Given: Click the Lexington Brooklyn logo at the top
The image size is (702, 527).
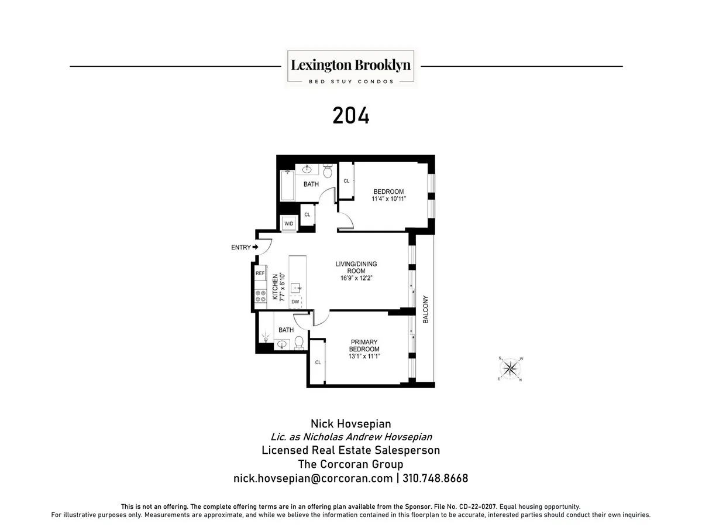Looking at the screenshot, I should pyautogui.click(x=351, y=69).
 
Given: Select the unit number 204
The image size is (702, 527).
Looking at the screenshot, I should pyautogui.click(x=351, y=115).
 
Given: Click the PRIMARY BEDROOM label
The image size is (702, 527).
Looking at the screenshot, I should pyautogui.click(x=364, y=349).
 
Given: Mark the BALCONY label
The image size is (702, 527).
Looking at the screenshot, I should pyautogui.click(x=426, y=310).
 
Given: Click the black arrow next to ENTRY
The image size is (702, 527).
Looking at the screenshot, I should pyautogui.click(x=255, y=248).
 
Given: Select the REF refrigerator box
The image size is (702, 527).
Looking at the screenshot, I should pyautogui.click(x=260, y=273).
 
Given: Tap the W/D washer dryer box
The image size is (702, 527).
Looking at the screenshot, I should pyautogui.click(x=288, y=224).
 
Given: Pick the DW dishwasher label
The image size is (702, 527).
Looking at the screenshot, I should pyautogui.click(x=295, y=302).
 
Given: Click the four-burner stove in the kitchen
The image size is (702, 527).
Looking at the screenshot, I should pyautogui.click(x=260, y=296).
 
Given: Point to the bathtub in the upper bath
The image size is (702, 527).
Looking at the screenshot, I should pyautogui.click(x=286, y=185).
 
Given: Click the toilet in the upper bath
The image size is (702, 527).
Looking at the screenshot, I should pyautogui.click(x=328, y=172).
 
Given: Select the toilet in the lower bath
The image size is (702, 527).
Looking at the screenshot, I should pyautogui.click(x=299, y=342).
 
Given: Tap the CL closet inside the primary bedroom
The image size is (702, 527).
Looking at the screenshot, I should pyautogui.click(x=318, y=363).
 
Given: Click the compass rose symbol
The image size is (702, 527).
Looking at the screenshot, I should pyautogui.click(x=511, y=368).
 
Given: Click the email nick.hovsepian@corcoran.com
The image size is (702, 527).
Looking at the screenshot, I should pyautogui.click(x=313, y=478).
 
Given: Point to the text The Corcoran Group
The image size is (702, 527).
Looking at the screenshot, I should pyautogui.click(x=351, y=464).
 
